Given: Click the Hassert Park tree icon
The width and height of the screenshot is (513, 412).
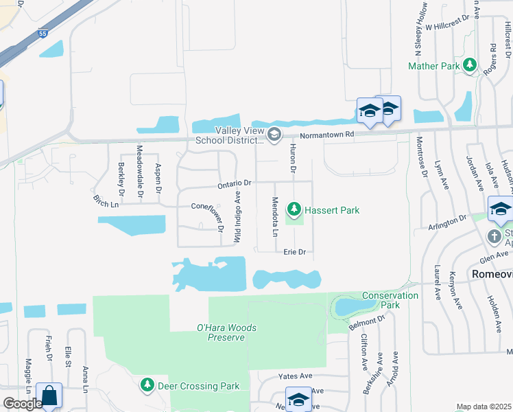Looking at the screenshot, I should pos(294,207).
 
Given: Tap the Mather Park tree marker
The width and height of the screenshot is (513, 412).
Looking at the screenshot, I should pos(470,65).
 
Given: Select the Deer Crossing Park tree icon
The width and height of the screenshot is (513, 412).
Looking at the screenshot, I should pos(147,385).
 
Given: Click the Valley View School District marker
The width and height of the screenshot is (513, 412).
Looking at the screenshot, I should pos(274,134).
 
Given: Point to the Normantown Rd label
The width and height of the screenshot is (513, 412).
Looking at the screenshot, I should pos(326,135).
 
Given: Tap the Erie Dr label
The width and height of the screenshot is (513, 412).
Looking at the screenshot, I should pos(294,252).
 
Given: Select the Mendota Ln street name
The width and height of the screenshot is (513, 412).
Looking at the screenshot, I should pos(274,217).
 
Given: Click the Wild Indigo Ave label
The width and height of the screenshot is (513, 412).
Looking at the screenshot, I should pos(238,216).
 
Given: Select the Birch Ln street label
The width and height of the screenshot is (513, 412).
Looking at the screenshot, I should pos(106,201).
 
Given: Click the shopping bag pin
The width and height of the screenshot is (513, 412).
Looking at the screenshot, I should pos(49,396).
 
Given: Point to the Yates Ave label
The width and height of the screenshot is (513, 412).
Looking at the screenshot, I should pos(295,376).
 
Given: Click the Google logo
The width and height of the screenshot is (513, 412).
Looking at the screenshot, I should pos(22,404).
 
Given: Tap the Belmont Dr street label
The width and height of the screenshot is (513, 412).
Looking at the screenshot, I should pos(370,321).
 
